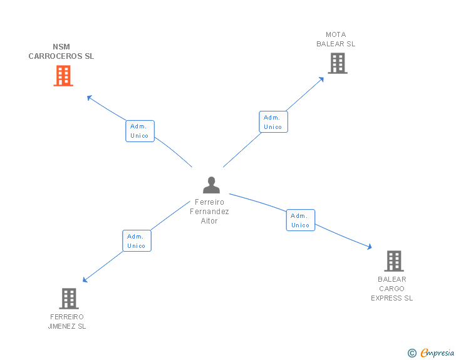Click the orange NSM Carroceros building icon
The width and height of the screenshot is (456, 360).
(x=63, y=76)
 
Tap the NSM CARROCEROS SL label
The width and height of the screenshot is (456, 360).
(x=61, y=51)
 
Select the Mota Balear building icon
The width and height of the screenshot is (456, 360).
(x=337, y=63)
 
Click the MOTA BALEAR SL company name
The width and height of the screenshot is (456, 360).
(x=336, y=39)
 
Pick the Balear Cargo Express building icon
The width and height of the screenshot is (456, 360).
(x=393, y=260)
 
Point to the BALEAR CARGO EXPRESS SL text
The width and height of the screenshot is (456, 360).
(x=392, y=289)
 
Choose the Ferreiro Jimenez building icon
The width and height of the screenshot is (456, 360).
(x=69, y=299)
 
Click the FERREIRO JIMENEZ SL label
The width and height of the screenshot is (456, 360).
(x=67, y=322)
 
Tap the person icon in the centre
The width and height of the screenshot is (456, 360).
(x=212, y=185)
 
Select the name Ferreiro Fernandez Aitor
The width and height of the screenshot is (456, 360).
(x=210, y=212)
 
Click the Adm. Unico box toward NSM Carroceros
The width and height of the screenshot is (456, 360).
(x=140, y=131)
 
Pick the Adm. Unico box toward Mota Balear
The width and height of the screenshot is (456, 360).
(x=273, y=122)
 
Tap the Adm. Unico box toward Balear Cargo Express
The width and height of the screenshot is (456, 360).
(x=301, y=220)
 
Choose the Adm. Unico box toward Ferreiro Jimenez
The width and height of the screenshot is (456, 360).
(x=137, y=241)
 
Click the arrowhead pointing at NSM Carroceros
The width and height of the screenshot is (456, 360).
(x=89, y=97)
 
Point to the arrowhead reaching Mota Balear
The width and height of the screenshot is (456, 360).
(x=322, y=78)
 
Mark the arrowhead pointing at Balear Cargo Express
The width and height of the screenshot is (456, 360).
(x=370, y=249)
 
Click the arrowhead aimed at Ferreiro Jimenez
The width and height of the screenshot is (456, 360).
(x=85, y=280)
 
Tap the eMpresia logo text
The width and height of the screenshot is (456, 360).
(x=437, y=353)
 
